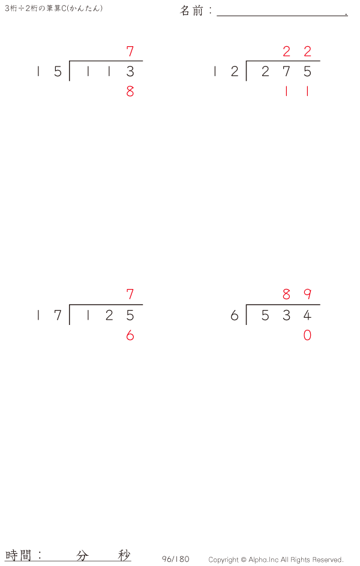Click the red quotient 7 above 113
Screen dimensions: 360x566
[130, 52]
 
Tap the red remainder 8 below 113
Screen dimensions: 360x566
[130, 92]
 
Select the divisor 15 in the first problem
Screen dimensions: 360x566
[49, 71]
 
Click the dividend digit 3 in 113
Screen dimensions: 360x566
[130, 71]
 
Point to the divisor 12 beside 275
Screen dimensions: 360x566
[226, 71]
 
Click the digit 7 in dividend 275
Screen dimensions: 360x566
[286, 71]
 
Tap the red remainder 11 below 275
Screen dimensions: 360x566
[297, 92]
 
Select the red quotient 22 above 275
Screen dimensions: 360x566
[297, 52]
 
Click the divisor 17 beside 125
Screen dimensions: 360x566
[49, 315]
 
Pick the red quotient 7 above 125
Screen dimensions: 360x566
[130, 294]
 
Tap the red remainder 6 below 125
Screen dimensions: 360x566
[130, 336]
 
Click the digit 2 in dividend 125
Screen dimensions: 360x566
[109, 315]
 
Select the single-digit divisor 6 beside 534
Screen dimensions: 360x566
[235, 315]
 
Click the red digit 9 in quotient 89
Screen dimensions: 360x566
[307, 294]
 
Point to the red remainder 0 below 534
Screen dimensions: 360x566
[307, 336]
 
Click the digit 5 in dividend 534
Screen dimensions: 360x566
[265, 315]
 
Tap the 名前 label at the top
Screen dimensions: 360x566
[192, 10]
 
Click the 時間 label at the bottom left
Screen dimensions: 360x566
[19, 555]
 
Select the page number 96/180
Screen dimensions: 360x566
[175, 559]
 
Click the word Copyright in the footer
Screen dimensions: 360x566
[223, 560]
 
